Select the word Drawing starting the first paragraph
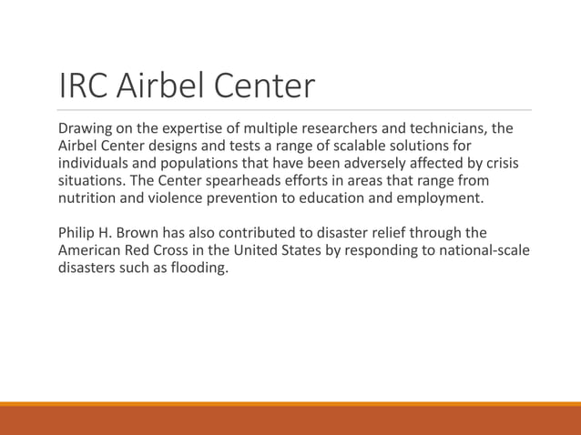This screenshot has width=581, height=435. click(85, 128)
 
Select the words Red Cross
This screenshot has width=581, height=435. click(165, 249)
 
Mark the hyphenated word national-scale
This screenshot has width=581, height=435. click(482, 249)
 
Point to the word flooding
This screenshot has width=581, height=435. click(194, 267)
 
